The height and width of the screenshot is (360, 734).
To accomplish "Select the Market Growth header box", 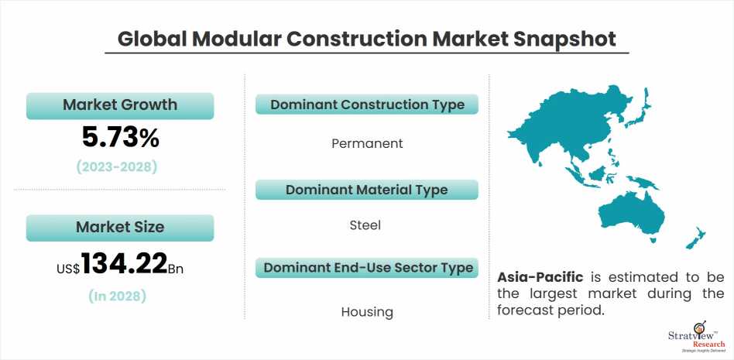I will (120, 105).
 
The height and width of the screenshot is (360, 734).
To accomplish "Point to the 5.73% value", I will (120, 138).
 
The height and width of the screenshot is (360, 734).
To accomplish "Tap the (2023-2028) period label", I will (120, 166).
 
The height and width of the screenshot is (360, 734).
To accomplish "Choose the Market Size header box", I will (120, 227).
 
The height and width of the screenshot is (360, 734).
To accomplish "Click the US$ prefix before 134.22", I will (68, 269).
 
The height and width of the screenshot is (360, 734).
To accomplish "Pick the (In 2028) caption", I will (120, 296).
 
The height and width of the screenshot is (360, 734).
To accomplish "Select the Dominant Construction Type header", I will (367, 105).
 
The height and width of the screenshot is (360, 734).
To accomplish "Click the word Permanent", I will (367, 143).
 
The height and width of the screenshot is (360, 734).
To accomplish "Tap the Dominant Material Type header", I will (367, 190).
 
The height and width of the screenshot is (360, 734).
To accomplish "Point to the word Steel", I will (367, 225).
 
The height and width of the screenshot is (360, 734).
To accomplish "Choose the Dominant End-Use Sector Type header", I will (367, 268).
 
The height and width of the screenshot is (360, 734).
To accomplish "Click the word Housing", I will (367, 312).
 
